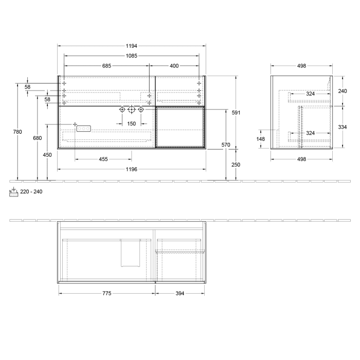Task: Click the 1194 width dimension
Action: point(131,46)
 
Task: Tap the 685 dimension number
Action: point(106,65)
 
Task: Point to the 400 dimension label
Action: point(174,65)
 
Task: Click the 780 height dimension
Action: point(17,132)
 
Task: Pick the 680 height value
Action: point(37,138)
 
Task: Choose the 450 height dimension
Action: point(47,154)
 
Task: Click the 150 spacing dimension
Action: point(131,123)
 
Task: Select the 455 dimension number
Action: point(103,159)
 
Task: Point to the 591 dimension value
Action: point(237,112)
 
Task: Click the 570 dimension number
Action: point(225,145)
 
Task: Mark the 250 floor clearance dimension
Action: point(236,165)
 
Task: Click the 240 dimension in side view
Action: point(343,91)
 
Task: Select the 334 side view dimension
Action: point(343,127)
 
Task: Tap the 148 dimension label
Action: point(261,138)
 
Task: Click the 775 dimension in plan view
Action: point(107,293)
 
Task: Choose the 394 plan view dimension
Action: point(180,293)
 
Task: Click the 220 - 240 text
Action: point(32,192)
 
